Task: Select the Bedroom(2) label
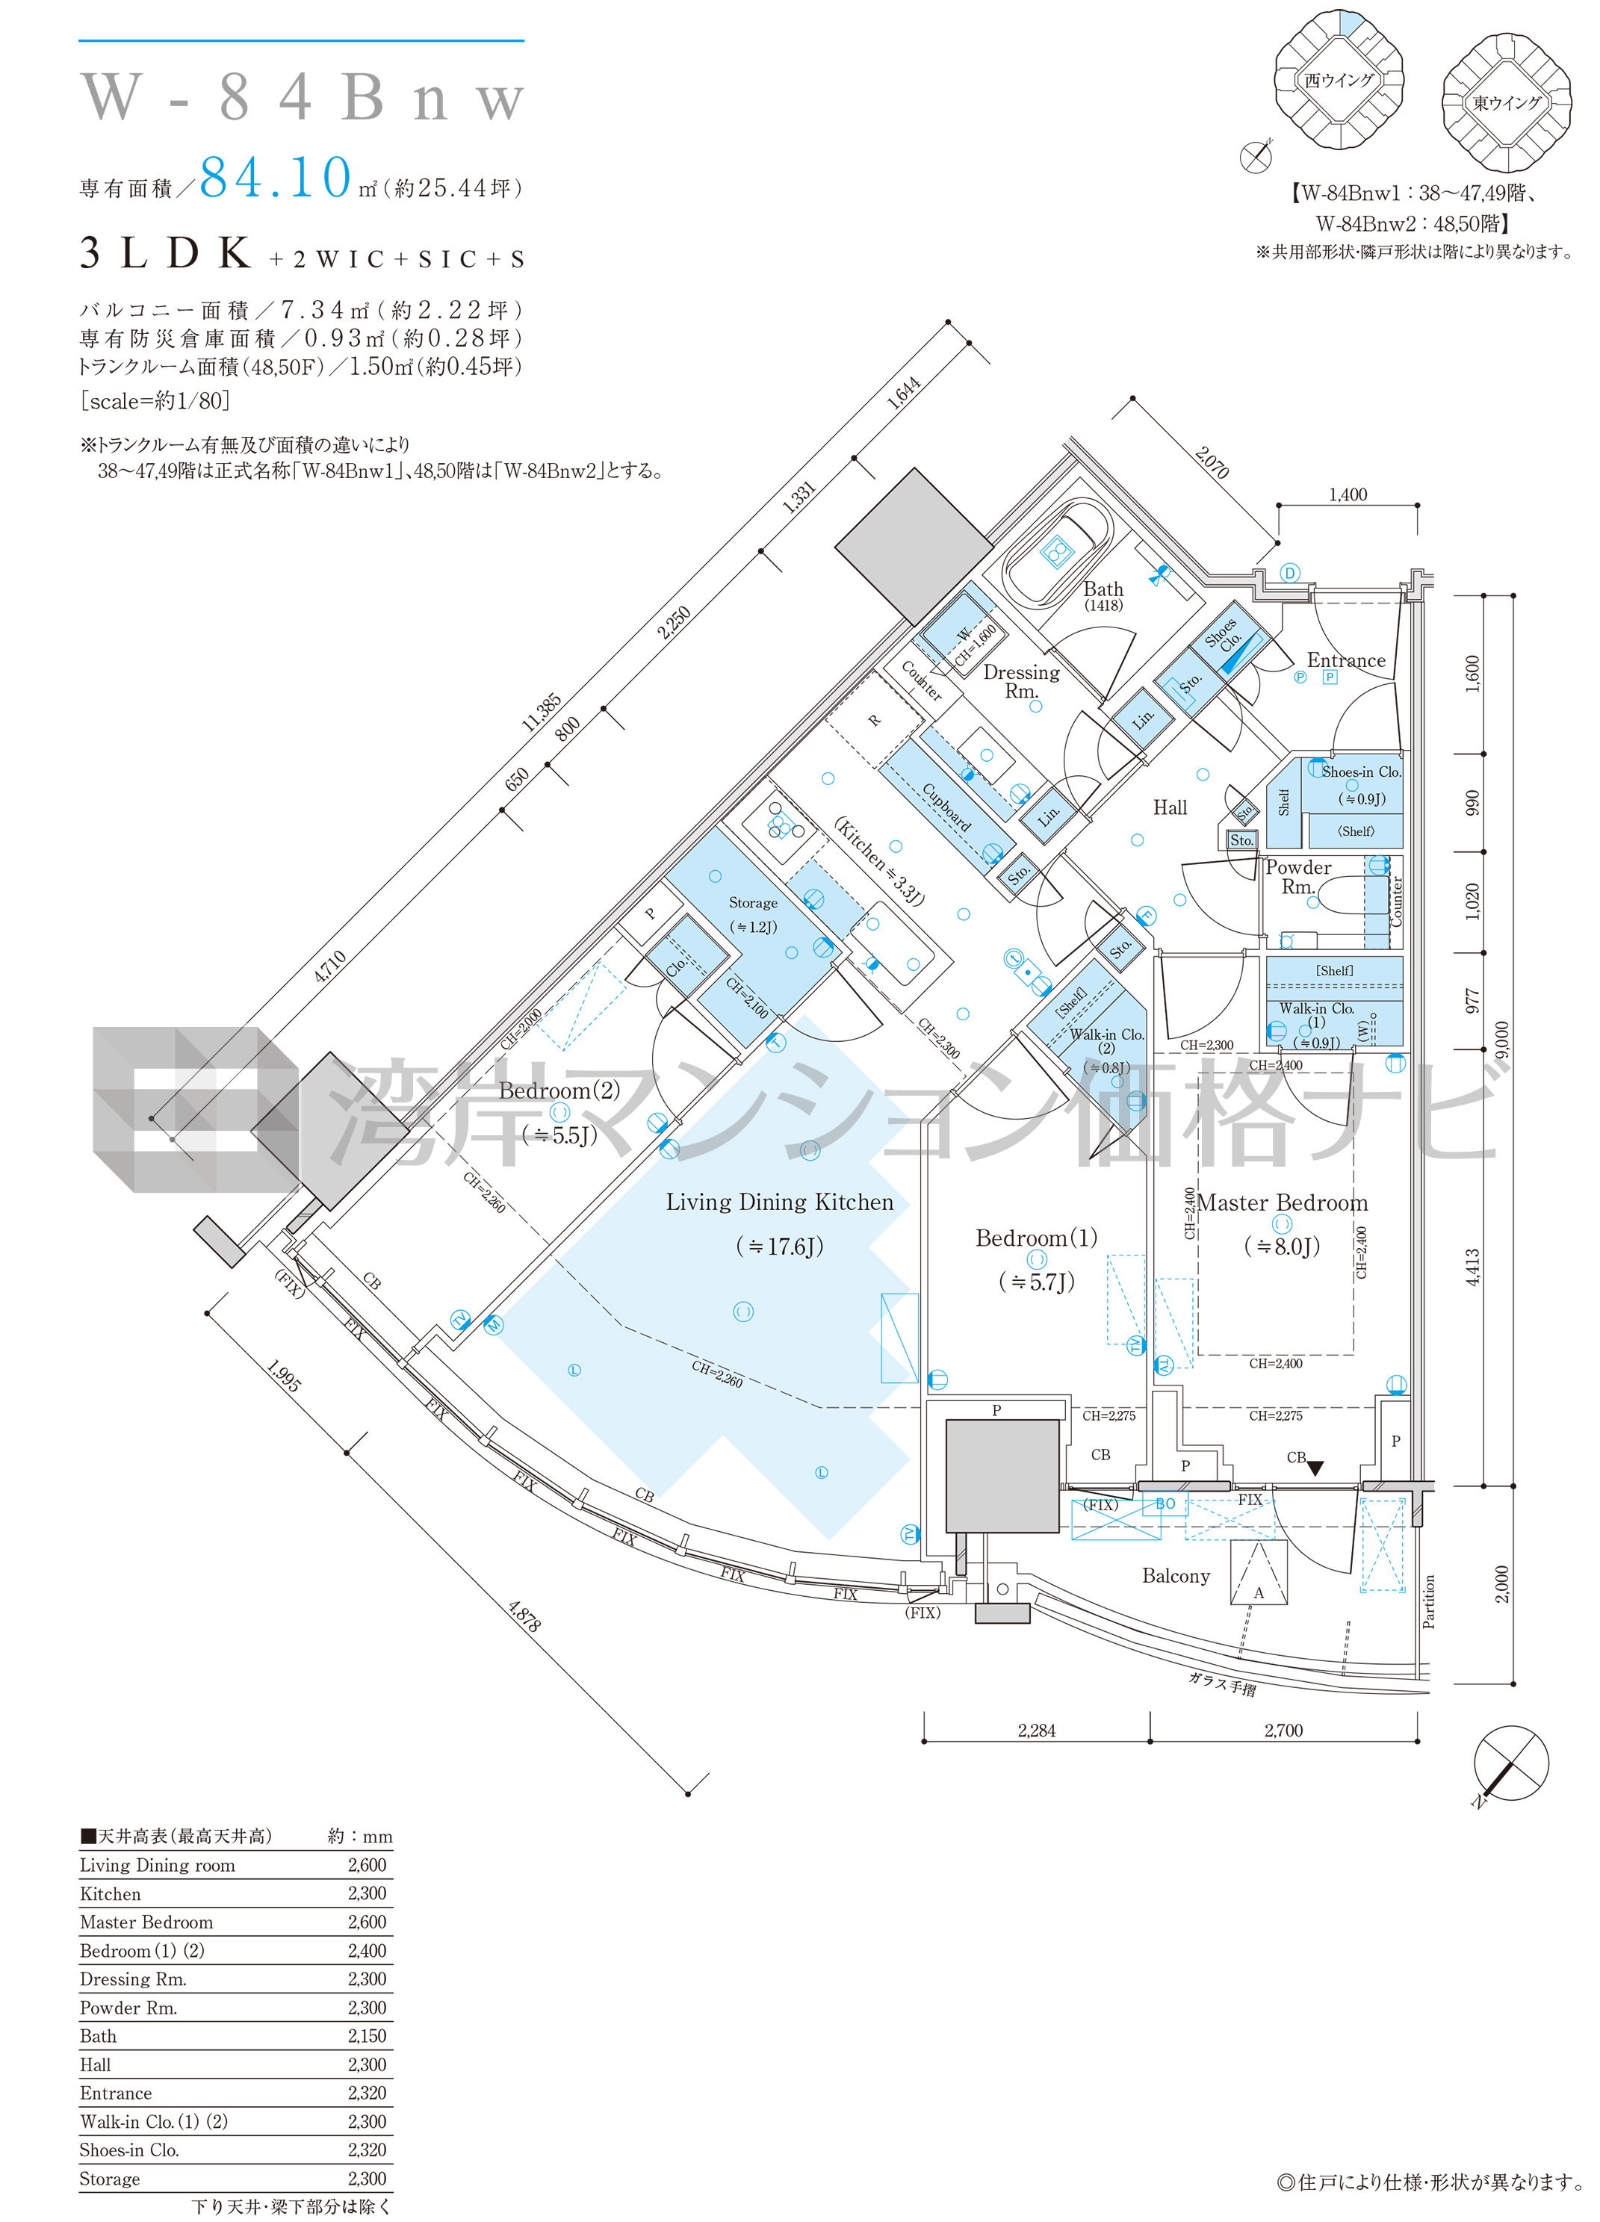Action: coord(559,1090)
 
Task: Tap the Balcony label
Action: coord(1176,1575)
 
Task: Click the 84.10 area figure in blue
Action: coord(276,177)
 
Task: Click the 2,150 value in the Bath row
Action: coord(367,2036)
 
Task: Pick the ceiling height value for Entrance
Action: coord(367,2093)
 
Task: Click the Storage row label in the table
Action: coord(110,2179)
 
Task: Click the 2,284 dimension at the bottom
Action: coord(1037,1731)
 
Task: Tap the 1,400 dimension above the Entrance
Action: coord(1348,494)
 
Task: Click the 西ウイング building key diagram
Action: coord(1339,79)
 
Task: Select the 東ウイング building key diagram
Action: coord(1507,102)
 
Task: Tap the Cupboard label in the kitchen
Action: coord(946,807)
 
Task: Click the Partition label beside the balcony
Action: coord(1428,1601)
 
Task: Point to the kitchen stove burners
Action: coord(779,823)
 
